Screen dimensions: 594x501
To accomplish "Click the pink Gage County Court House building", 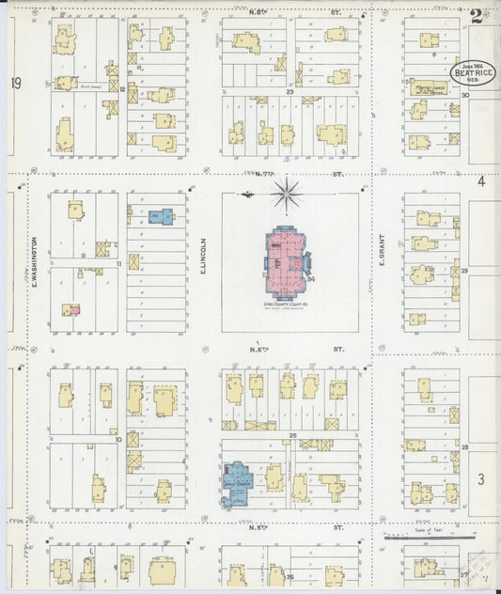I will tap(290, 258).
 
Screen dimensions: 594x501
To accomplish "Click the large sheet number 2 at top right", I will tap(478, 16).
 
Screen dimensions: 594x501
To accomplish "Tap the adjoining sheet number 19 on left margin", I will tap(15, 84).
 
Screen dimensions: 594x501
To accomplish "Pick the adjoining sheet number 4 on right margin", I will tap(480, 181).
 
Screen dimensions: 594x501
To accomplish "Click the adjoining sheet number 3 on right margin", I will tap(480, 480).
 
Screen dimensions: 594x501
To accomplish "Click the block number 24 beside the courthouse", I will tap(310, 278).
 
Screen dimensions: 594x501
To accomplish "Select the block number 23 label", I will tap(290, 92).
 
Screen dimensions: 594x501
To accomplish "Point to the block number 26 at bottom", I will tap(290, 576).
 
